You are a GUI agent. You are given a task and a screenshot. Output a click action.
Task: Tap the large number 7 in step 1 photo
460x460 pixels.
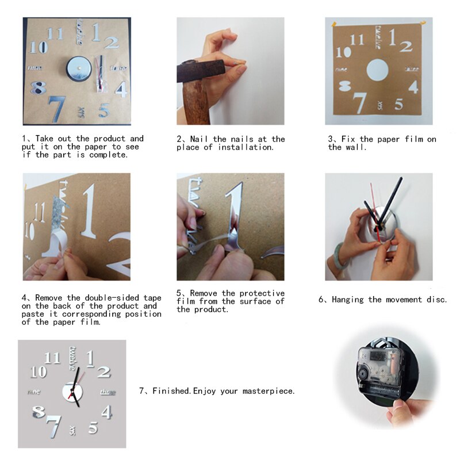point(56,108)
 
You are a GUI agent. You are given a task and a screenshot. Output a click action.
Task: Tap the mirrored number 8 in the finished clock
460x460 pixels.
point(39,412)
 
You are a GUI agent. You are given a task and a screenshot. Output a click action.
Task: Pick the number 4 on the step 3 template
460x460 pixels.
point(413,87)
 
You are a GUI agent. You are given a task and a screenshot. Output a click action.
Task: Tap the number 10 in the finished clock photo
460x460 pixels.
point(39,372)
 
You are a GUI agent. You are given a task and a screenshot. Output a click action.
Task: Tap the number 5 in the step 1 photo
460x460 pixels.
point(103,109)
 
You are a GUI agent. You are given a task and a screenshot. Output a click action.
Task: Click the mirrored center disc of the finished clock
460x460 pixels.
point(72,392)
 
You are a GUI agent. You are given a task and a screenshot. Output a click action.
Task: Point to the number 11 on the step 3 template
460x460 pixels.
point(357,40)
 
